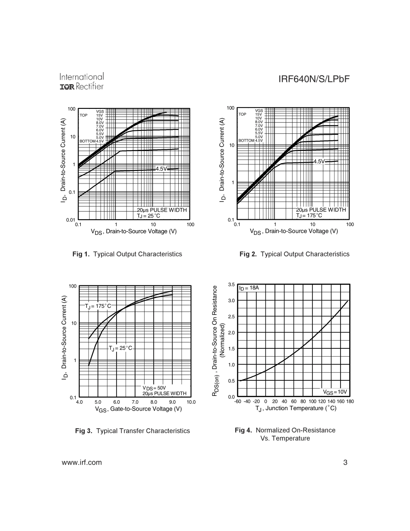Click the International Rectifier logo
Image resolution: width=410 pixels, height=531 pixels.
pyautogui.click(x=82, y=82)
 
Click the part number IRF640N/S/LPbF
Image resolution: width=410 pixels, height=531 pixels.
pyautogui.click(x=314, y=79)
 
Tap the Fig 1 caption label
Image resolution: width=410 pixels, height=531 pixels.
pyautogui.click(x=127, y=254)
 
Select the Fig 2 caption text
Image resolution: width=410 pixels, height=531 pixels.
pyautogui.click(x=294, y=254)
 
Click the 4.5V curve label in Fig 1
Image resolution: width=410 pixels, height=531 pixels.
pyautogui.click(x=161, y=169)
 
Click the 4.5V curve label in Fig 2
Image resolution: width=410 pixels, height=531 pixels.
pyautogui.click(x=319, y=161)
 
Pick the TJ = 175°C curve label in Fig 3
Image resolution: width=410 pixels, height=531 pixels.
pyautogui.click(x=98, y=306)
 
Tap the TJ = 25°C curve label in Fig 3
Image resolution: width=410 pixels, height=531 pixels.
pyautogui.click(x=120, y=348)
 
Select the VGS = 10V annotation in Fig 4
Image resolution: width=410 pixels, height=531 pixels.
pyautogui.click(x=335, y=392)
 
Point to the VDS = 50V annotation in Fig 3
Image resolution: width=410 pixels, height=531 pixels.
pyautogui.click(x=154, y=388)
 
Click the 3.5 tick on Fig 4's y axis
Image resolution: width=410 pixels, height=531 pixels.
pyautogui.click(x=231, y=284)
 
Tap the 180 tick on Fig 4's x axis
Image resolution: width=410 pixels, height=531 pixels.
pyautogui.click(x=350, y=401)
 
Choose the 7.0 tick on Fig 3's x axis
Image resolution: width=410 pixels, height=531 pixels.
pyautogui.click(x=135, y=402)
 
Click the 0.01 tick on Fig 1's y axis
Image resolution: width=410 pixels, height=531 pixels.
pyautogui.click(x=71, y=220)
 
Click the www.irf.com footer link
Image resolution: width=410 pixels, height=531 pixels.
pyautogui.click(x=82, y=462)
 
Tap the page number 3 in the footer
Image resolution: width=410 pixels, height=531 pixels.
pyautogui.click(x=345, y=462)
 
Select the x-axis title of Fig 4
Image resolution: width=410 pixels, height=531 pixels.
pyautogui.click(x=296, y=408)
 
